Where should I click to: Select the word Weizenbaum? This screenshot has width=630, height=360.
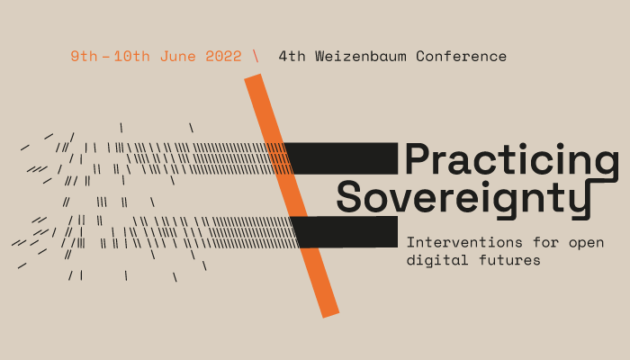tap(356, 56)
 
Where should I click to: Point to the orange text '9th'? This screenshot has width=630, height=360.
tap(85, 56)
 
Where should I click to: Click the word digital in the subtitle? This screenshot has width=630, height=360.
tap(434, 261)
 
